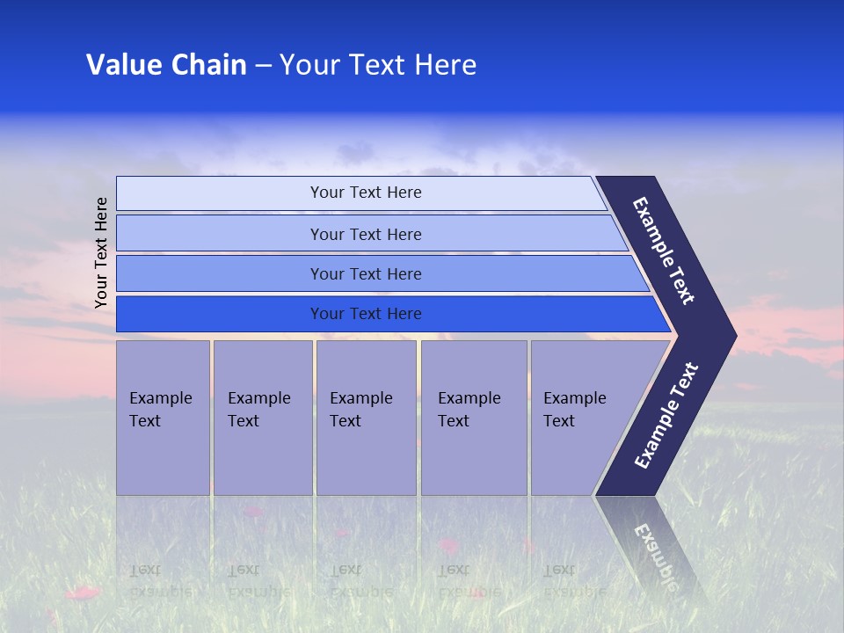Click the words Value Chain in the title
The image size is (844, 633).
point(166,65)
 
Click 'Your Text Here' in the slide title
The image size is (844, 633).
point(378,65)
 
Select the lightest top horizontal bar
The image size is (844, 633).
point(220,193)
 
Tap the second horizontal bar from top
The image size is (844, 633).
point(220,234)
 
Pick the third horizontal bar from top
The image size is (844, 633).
point(220,273)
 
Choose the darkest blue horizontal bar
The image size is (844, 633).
point(220,314)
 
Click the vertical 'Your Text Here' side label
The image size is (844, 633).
point(101,253)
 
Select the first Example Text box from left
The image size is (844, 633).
point(163,417)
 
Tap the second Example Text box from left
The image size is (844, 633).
point(262,417)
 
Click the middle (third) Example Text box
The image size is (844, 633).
point(366,417)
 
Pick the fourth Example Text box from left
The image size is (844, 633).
point(474,417)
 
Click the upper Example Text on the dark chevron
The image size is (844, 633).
point(664,251)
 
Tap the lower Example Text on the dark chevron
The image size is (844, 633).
point(666,416)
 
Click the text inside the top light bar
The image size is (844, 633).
point(366,193)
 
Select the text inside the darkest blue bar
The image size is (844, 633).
point(366,314)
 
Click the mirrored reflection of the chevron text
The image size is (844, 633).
point(655,554)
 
